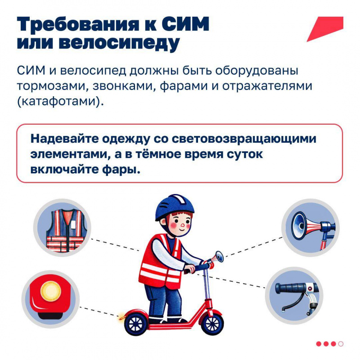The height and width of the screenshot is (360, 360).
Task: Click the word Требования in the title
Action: coord(78,24)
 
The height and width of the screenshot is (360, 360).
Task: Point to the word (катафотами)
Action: coord(61,101)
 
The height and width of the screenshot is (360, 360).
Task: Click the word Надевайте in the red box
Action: coord(64,139)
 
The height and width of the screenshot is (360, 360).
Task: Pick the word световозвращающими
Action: coord(244,139)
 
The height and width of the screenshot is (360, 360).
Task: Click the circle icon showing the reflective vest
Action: coord(62,228)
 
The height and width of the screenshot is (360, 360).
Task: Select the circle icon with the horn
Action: coord(310,228)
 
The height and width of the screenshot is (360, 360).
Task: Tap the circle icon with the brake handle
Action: coord(294,296)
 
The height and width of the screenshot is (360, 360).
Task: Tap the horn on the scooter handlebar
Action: coord(216,258)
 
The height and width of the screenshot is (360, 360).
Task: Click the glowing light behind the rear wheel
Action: coord(121,318)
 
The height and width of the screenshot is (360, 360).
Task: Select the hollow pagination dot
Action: coord(341,344)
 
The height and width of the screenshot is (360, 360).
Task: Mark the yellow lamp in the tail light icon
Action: coord(51,291)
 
